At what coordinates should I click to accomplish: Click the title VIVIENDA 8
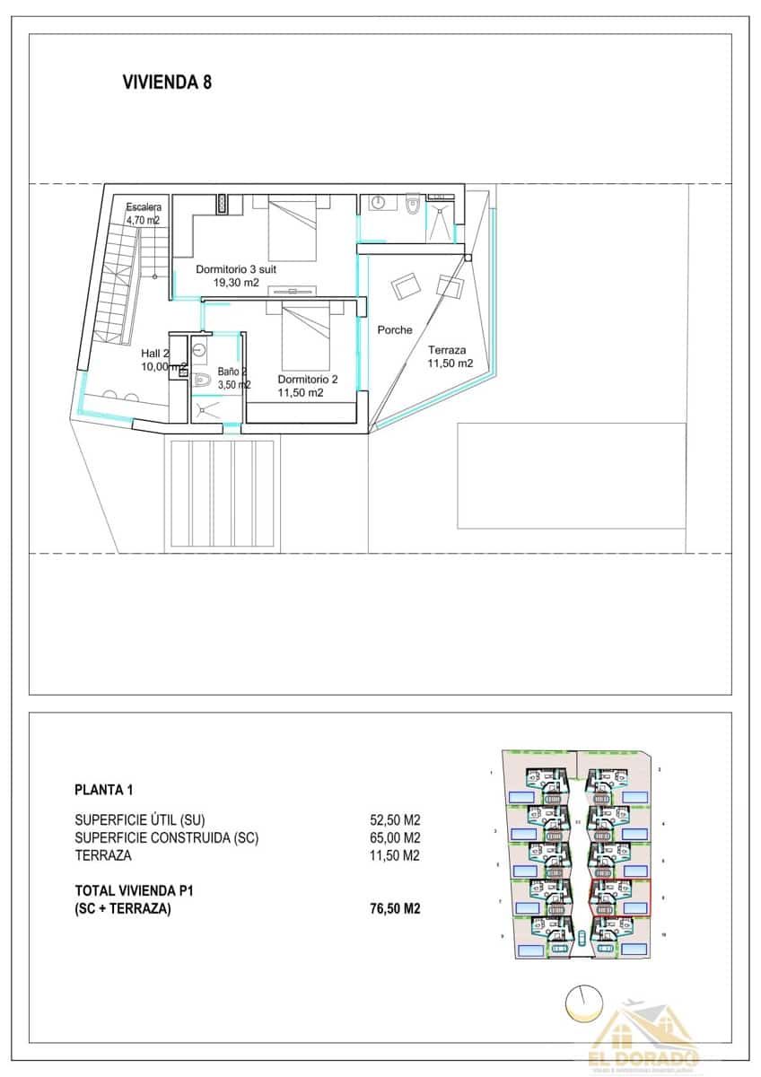(166, 83)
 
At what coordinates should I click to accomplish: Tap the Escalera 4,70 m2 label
(143, 213)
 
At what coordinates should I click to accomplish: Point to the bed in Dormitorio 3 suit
(293, 230)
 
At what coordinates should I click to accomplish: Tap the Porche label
(395, 330)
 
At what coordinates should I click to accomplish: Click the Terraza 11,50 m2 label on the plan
(450, 356)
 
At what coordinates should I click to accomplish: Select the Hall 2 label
(155, 354)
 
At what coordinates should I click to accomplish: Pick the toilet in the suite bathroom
(412, 206)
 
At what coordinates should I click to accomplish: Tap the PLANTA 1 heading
(104, 791)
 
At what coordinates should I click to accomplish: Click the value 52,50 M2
(395, 820)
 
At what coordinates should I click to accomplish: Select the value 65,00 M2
(395, 838)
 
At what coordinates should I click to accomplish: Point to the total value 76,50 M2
(395, 909)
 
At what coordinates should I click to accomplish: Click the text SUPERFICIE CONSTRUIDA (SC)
(167, 838)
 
